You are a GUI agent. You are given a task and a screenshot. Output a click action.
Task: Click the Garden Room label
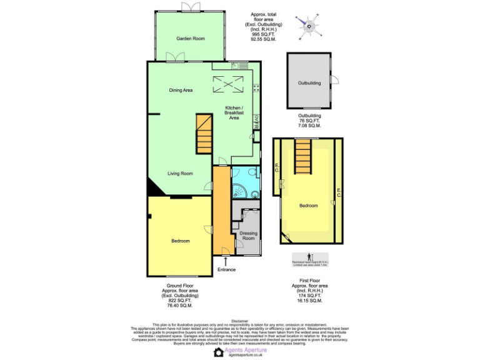[x=190, y=39]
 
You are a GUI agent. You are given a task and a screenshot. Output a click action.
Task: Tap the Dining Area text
[x=181, y=90]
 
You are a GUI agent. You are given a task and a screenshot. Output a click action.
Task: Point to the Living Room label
[x=180, y=173]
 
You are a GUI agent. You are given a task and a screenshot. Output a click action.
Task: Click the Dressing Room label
[x=248, y=236]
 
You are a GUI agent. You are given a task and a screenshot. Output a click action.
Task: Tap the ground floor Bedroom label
[x=180, y=241]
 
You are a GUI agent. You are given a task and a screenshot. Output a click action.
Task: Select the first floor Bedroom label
[x=308, y=206]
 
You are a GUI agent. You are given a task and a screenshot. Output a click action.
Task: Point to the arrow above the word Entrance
[x=226, y=260]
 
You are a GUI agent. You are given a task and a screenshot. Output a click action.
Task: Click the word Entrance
[x=226, y=269]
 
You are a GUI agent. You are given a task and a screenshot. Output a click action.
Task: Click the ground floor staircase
[x=204, y=134]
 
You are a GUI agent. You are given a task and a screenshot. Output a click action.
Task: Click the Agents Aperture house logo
[x=218, y=352]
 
